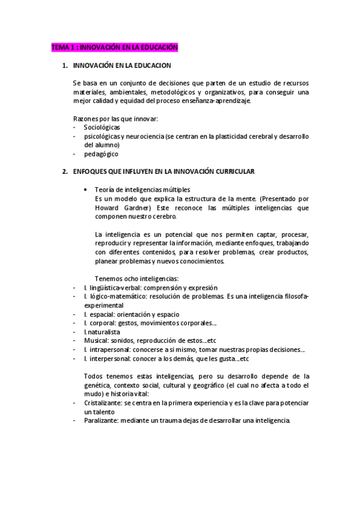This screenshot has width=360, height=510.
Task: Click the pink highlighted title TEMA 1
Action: (x=114, y=48)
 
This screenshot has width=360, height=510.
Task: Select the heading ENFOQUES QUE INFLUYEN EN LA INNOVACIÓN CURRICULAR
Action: (x=163, y=171)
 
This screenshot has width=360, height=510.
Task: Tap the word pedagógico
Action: (x=101, y=154)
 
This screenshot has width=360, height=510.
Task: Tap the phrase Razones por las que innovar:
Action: (x=115, y=118)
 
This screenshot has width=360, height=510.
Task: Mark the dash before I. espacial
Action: (x=74, y=314)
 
